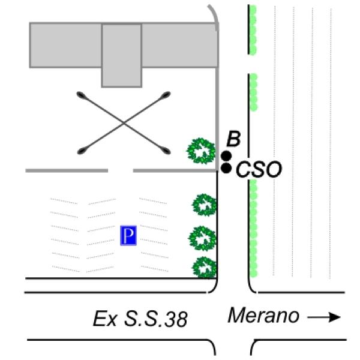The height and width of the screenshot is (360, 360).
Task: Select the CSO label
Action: click(259, 170)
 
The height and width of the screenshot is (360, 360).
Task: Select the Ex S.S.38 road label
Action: click(140, 319)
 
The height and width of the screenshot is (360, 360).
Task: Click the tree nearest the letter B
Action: click(201, 151)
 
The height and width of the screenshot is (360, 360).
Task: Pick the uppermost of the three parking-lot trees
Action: click(203, 205)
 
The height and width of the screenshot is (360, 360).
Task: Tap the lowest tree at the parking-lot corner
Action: click(204, 266)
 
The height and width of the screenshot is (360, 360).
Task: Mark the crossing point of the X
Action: click(124, 122)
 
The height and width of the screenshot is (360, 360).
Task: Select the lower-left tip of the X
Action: click(82, 151)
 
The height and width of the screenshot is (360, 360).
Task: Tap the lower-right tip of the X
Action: click(167, 150)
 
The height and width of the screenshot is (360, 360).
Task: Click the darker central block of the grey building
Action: click(121, 55)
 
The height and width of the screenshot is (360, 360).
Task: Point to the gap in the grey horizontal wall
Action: click(120, 171)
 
